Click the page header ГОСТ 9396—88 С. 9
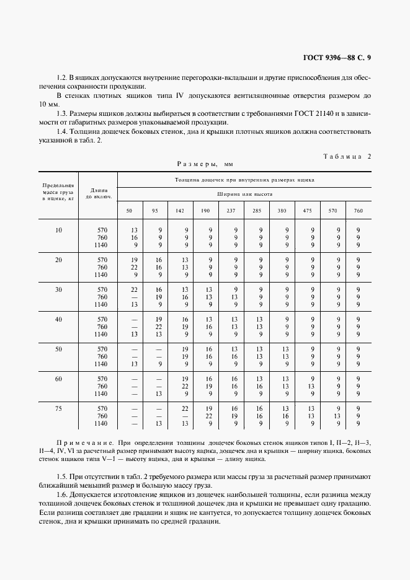point(336,59)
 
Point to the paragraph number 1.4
point(61,132)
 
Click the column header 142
point(180,211)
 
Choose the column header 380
point(282,211)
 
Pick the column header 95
point(154,211)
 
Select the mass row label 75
point(58,408)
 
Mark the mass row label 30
point(58,289)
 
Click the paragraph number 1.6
point(61,495)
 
